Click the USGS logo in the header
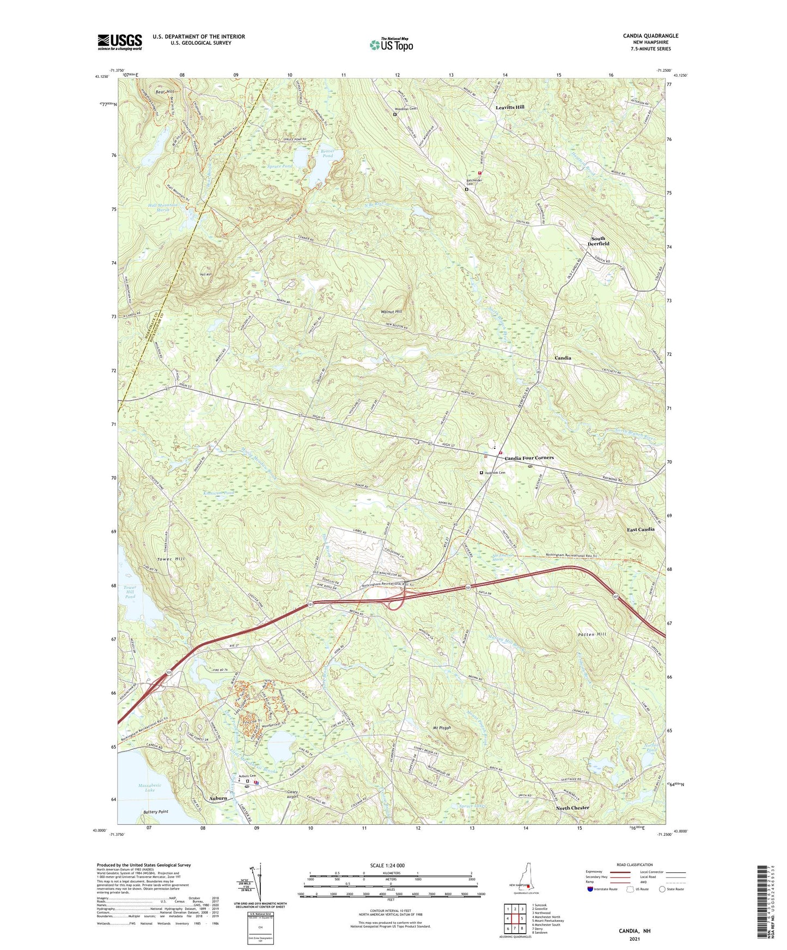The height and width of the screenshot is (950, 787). [119, 42]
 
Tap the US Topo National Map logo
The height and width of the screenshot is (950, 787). [391, 44]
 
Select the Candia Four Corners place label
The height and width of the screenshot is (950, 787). [529, 458]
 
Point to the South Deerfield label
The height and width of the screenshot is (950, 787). [597, 241]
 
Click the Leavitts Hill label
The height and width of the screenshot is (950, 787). [510, 107]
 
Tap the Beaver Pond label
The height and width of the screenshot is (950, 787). [327, 153]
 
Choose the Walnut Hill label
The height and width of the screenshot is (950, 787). [391, 312]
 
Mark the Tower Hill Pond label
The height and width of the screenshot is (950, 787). [130, 592]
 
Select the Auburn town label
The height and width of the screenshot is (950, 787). [218, 798]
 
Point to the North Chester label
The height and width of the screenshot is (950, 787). [572, 808]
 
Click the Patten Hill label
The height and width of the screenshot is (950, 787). [591, 634]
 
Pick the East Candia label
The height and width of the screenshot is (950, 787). [640, 529]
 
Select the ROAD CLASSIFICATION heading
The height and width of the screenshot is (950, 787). [634, 865]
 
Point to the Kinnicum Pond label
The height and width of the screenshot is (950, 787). [218, 493]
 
